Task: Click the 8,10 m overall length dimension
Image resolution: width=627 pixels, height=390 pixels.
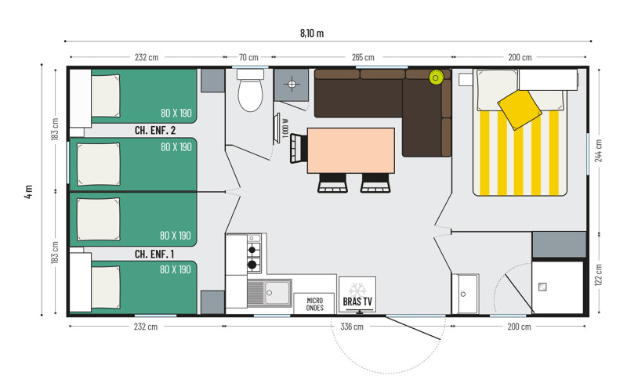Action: (312, 33)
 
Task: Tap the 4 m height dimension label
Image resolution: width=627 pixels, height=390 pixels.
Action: (28, 192)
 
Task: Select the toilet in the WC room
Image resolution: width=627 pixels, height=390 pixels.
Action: (250, 90)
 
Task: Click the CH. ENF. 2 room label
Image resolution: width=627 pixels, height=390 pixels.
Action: (155, 130)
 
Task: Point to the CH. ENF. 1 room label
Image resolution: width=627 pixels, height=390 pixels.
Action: (154, 254)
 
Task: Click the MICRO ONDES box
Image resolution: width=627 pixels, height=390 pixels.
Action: (315, 304)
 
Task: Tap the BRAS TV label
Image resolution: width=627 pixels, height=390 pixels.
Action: (357, 302)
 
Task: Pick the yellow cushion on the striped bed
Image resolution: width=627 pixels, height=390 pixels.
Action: (520, 110)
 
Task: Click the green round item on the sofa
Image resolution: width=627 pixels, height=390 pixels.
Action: (436, 78)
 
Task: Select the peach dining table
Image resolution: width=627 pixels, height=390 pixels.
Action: (350, 150)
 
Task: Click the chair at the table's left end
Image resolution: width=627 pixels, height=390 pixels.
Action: (299, 148)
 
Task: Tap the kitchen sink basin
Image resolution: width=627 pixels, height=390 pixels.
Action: (277, 293)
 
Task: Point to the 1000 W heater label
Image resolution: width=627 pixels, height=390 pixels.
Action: (285, 128)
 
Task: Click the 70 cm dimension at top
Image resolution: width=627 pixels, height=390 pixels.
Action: (248, 57)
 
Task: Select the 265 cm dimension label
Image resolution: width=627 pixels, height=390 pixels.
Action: (363, 57)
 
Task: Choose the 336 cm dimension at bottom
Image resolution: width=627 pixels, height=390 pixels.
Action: (352, 327)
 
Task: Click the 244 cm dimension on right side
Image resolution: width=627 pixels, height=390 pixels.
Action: (599, 150)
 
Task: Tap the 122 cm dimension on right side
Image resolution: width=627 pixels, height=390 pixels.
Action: (599, 275)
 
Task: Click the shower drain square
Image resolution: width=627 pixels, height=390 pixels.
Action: (542, 287)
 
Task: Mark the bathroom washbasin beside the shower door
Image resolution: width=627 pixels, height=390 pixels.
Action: (465, 294)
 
